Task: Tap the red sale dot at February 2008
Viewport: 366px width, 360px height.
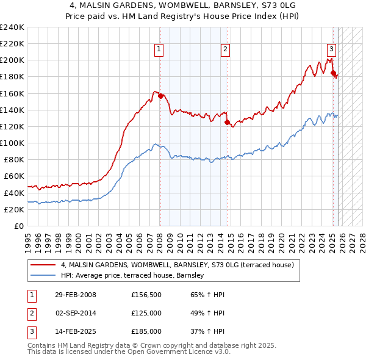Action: (x=160, y=96)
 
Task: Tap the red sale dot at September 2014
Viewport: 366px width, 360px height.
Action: (x=227, y=122)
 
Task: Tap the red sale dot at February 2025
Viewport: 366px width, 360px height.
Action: (x=333, y=73)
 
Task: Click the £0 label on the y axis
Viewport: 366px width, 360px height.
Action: (x=18, y=226)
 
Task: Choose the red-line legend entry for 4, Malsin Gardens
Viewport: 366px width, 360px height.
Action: (x=177, y=265)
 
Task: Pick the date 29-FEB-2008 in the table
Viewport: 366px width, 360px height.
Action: (x=76, y=295)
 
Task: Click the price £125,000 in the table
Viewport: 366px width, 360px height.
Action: (x=146, y=313)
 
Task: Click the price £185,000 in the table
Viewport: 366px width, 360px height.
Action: (x=146, y=331)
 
